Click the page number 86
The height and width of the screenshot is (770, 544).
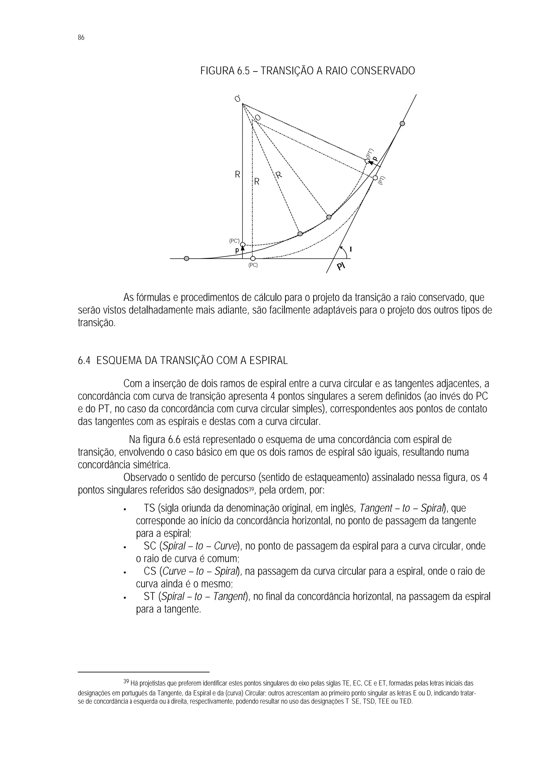pyautogui.click(x=81, y=37)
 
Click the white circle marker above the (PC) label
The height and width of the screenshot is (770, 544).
pyautogui.click(x=253, y=259)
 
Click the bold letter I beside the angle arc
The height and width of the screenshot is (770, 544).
pyautogui.click(x=351, y=249)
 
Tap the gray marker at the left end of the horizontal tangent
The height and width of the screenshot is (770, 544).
pyautogui.click(x=187, y=259)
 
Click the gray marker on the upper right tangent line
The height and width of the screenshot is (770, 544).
pyautogui.click(x=402, y=123)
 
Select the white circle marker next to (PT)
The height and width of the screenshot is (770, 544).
pyautogui.click(x=375, y=178)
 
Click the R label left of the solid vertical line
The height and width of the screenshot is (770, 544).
pyautogui.click(x=237, y=175)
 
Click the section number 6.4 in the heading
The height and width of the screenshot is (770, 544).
pyautogui.click(x=84, y=361)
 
